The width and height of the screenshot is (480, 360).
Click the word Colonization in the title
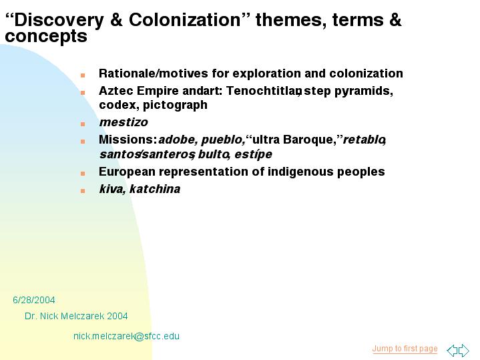pyautogui.click(x=185, y=20)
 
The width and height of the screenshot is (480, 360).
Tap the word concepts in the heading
pyautogui.click(x=46, y=37)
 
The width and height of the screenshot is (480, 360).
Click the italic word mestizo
pyautogui.click(x=124, y=122)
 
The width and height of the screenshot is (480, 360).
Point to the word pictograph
pyautogui.click(x=175, y=105)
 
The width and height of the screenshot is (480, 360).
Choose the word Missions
pyautogui.click(x=128, y=140)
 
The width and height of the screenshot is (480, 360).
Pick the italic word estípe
pyautogui.click(x=253, y=154)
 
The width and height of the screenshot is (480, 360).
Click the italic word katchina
pyautogui.click(x=155, y=189)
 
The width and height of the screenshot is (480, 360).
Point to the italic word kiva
pyautogui.click(x=112, y=189)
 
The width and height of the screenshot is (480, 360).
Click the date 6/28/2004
pyautogui.click(x=34, y=300)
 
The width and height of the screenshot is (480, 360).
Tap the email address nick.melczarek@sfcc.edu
pyautogui.click(x=126, y=336)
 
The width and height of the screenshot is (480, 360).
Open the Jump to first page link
pyautogui.click(x=405, y=349)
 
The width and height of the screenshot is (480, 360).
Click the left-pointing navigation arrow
pyautogui.click(x=452, y=350)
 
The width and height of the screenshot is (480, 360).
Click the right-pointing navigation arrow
pyautogui.click(x=464, y=350)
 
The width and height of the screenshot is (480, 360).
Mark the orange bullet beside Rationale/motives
pyautogui.click(x=83, y=75)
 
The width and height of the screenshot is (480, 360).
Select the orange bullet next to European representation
pyautogui.click(x=83, y=174)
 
